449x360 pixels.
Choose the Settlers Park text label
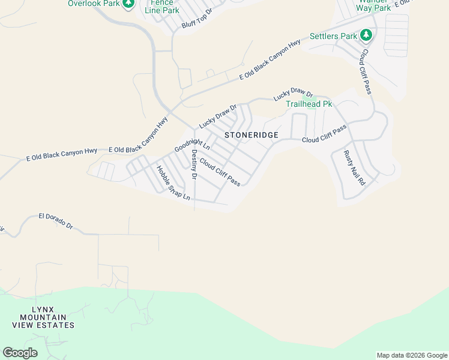pos(333,36)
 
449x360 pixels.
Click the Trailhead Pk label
pos(309,104)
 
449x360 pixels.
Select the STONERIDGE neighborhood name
pos(252,135)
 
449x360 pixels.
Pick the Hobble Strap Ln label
pos(173,182)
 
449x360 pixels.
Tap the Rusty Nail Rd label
pos(354,167)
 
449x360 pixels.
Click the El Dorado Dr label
pos(55,221)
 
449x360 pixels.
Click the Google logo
pos(20,353)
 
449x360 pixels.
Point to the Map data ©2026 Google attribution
pos(412,355)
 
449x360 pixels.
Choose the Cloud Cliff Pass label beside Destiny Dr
pos(220,172)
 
